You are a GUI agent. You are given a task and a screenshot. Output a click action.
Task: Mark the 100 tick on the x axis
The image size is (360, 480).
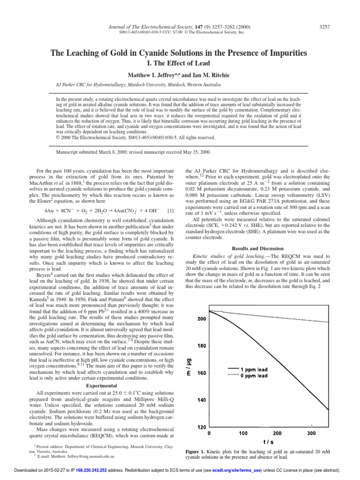click(x=243, y=433)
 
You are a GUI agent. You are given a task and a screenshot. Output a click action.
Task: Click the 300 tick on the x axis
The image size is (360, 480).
click(x=311, y=433)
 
